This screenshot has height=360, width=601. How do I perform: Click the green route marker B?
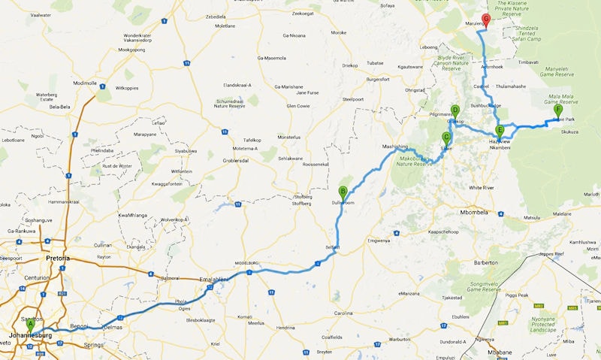point(343,191)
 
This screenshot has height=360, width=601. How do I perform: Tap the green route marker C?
point(446,138)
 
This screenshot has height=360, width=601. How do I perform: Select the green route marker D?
point(455,110)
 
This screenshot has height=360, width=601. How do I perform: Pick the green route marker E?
point(500,130)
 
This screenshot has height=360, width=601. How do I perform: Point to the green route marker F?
point(557,110)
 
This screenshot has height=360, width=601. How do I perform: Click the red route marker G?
point(486,20)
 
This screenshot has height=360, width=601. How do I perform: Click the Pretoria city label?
point(58,258)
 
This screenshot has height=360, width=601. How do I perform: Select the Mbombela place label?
point(478,212)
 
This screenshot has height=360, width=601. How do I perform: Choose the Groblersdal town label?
point(243,159)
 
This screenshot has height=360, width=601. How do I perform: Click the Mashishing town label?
point(394,147)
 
